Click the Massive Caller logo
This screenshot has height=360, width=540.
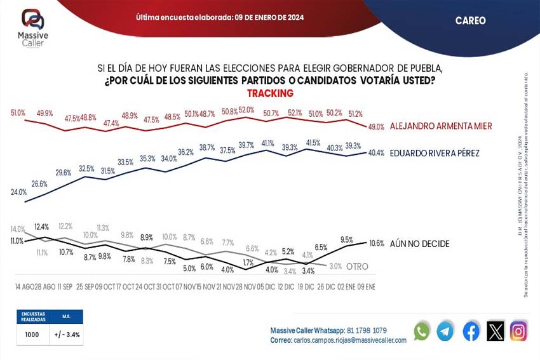tap(33, 27)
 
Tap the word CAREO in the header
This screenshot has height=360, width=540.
tap(470, 21)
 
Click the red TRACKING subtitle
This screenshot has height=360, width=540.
tap(270, 93)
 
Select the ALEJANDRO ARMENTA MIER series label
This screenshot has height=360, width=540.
tap(441, 126)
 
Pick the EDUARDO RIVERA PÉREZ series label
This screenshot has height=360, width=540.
tap(434, 153)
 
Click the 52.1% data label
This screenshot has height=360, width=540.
tap(295, 112)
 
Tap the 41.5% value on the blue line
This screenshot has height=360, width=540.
tap(313, 143)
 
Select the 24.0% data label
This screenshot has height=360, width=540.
tap(18, 192)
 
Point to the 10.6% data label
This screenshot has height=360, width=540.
tap(377, 243)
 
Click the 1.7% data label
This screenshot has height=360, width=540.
tap(248, 262)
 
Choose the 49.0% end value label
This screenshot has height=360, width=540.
tap(376, 127)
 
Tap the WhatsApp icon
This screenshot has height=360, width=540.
tap(421, 331)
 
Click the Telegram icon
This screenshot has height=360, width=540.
tap(445, 331)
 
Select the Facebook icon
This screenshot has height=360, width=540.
tap(471, 331)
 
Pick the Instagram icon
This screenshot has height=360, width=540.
tap(518, 331)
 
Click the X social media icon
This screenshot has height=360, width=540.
tap(495, 331)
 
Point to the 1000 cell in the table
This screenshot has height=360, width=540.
tap(33, 335)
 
